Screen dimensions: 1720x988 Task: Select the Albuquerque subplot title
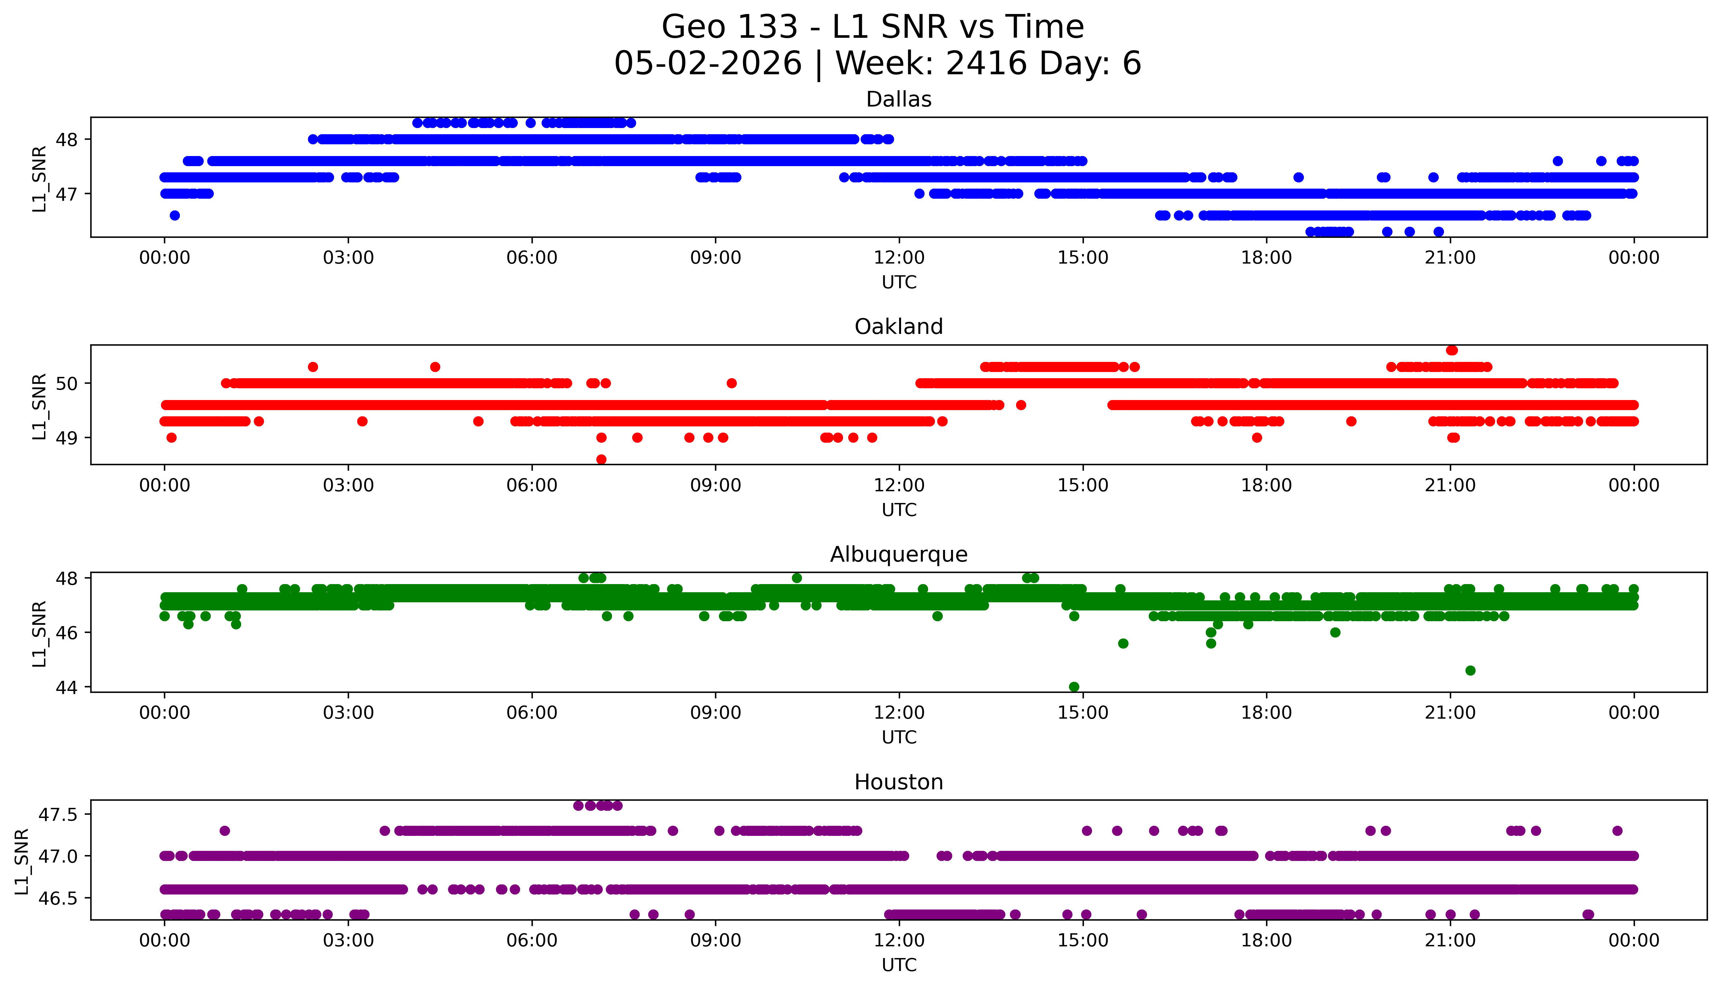[x=899, y=554]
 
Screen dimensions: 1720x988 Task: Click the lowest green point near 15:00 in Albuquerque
[x=1074, y=687]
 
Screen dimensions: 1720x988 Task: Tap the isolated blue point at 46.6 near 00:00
[x=174, y=215]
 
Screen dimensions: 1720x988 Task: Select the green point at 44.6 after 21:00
[x=1470, y=670]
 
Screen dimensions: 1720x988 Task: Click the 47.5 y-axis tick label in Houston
[x=58, y=814]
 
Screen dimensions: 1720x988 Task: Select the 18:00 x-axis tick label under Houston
[x=1267, y=940]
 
